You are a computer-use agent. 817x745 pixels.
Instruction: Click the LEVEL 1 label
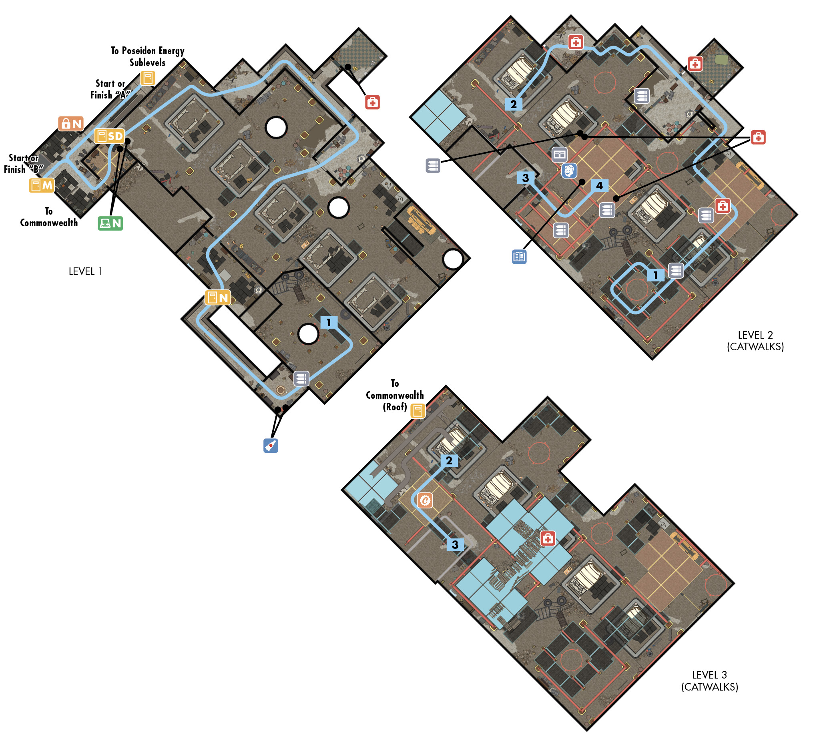[x=86, y=272]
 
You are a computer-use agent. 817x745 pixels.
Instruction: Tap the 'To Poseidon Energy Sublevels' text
[x=148, y=57]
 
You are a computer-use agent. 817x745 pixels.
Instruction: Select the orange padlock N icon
[x=71, y=124]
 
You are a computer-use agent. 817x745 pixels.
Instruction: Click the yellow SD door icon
[x=109, y=136]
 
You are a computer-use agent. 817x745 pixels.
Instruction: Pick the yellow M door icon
[x=42, y=186]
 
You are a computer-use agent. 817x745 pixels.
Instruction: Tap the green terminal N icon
[x=110, y=223]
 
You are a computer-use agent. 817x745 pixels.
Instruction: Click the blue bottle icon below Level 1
[x=271, y=446]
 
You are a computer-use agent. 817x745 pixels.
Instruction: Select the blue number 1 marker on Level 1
[x=329, y=323]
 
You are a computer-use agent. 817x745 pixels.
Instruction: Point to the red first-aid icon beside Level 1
[x=372, y=102]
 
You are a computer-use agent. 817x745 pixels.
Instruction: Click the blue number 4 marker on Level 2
[x=599, y=186]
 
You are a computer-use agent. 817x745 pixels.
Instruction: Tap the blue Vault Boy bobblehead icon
[x=569, y=171]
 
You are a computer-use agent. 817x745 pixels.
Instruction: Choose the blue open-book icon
[x=519, y=257]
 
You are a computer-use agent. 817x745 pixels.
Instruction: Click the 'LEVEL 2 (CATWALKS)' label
[x=755, y=341]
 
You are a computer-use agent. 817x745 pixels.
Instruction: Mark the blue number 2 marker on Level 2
[x=514, y=104]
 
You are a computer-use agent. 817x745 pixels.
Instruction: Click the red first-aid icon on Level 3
[x=548, y=539]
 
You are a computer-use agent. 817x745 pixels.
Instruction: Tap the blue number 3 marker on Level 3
[x=455, y=544]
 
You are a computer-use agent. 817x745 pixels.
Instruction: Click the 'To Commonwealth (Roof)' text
[x=395, y=395]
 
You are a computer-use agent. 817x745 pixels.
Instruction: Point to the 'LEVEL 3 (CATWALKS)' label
[x=710, y=681]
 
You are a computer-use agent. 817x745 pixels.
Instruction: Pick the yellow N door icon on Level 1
[x=218, y=298]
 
